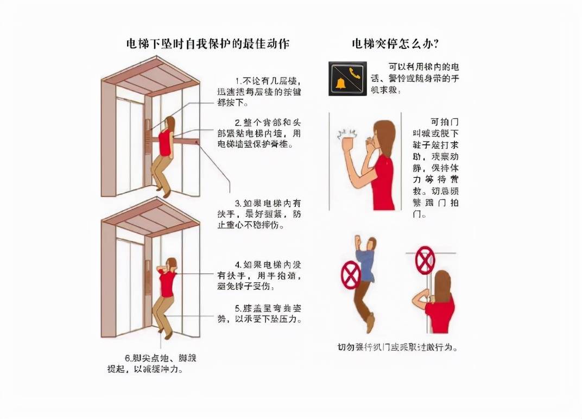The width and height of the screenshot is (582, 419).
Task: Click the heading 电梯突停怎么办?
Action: pyautogui.click(x=395, y=44)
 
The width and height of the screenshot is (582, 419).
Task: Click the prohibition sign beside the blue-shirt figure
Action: pyautogui.click(x=350, y=275)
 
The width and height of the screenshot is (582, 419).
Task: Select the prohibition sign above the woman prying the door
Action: pyautogui.click(x=425, y=260)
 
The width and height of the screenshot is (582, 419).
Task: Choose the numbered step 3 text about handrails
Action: pyautogui.click(x=260, y=213)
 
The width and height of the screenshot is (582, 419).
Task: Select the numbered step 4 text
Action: pyautogui.click(x=260, y=275)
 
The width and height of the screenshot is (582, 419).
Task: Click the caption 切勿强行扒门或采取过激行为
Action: pyautogui.click(x=397, y=347)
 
